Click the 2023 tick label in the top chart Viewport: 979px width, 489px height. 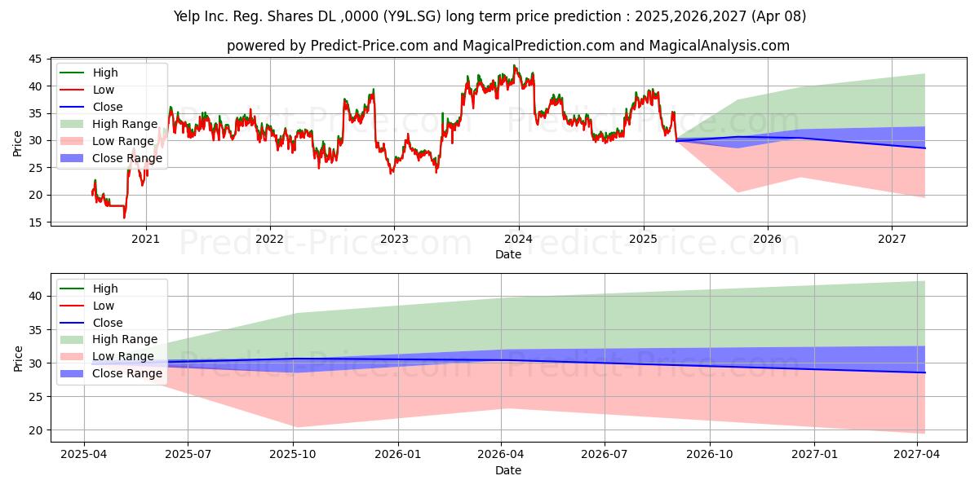coord(394,239)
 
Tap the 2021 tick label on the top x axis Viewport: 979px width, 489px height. coord(146,239)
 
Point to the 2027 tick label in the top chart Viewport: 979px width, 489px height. coord(892,239)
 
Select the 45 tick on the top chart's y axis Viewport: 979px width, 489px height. coord(34,59)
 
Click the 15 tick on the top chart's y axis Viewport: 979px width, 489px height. coord(34,222)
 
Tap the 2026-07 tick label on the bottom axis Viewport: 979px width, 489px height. coord(604,455)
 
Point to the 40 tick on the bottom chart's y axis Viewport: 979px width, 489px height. coord(34,296)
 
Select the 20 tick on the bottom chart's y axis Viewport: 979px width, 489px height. coord(34,430)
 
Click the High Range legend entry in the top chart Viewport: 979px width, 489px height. coord(124,124)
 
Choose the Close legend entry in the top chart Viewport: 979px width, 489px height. coord(108,107)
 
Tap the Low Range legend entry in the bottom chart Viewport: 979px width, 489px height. coord(123,356)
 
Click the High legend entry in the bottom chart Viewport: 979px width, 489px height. coord(105,289)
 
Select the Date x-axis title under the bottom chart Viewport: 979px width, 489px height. coord(507,470)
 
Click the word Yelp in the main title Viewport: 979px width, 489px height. coord(189,15)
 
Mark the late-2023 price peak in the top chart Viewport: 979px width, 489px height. coord(514,66)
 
